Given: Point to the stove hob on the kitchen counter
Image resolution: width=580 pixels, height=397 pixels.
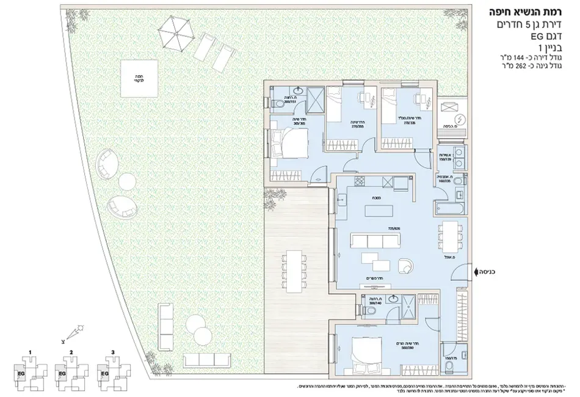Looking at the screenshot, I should coord(360,182).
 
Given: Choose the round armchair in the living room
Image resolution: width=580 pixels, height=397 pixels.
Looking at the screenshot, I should coord(405,264).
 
